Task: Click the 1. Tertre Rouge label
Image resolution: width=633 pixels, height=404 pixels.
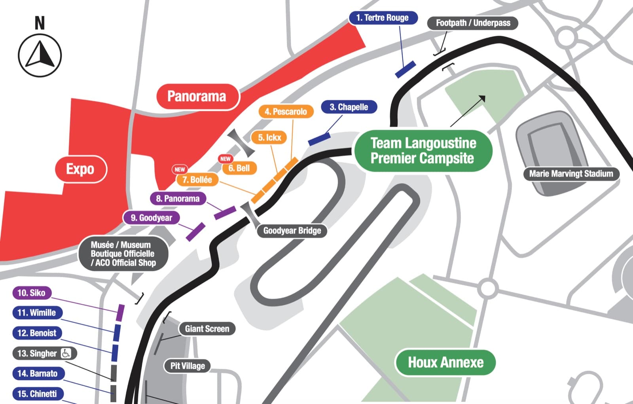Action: tap(383, 18)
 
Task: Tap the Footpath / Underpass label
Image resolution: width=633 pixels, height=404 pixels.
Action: tap(473, 23)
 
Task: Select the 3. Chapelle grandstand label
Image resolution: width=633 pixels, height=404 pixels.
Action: tap(349, 107)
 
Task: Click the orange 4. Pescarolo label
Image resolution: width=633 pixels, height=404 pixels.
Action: tap(286, 112)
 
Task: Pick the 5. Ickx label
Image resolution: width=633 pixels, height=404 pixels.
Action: tap(269, 137)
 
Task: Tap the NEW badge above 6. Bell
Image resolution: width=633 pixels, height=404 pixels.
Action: tap(226, 159)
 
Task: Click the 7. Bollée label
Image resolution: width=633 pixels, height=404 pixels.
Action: tap(197, 180)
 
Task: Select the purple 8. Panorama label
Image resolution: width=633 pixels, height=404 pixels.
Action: tap(178, 199)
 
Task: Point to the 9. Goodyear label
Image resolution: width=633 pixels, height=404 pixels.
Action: tap(152, 218)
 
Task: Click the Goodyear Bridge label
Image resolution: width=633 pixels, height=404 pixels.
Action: tap(292, 231)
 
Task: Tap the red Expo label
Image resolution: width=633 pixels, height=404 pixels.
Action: tap(81, 169)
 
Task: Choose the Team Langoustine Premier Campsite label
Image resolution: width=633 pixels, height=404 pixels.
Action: tap(423, 151)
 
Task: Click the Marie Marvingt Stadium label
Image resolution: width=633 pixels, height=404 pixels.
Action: tap(571, 174)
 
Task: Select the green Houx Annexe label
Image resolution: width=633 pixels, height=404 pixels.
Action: tap(445, 362)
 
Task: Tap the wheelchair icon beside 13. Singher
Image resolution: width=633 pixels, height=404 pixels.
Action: tap(66, 353)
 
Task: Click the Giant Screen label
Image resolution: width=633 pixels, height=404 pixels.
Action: tap(207, 329)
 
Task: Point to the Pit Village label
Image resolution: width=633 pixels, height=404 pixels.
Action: tap(188, 366)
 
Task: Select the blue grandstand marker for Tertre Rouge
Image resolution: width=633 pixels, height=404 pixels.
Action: tap(405, 69)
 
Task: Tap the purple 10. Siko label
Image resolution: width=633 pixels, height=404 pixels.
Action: tap(32, 292)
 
